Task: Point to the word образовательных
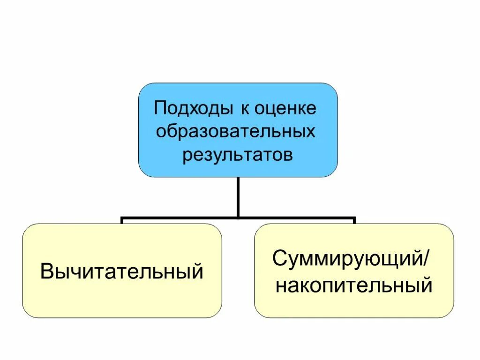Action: point(236,132)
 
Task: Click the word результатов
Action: point(237,154)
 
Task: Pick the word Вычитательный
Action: point(122,272)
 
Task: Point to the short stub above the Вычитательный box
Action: point(122,221)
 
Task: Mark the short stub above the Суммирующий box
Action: point(354,221)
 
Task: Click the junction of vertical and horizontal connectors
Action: point(238,218)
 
